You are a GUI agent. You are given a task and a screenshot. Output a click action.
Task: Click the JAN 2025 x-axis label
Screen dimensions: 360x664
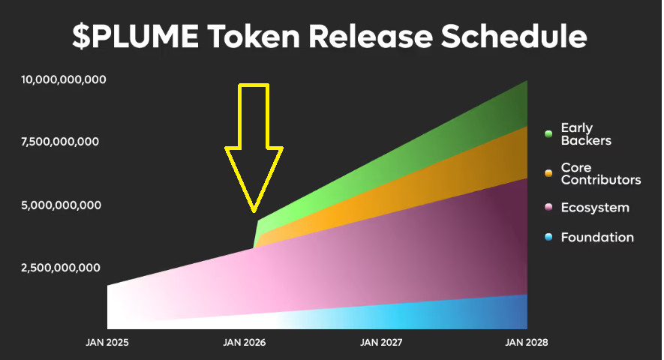click(x=107, y=343)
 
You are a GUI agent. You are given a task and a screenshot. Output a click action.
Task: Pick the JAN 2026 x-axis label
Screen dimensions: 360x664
click(x=245, y=343)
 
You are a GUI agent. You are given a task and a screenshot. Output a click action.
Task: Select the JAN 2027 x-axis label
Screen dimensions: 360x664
click(x=382, y=343)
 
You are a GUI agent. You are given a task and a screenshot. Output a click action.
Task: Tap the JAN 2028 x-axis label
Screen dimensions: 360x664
click(x=527, y=343)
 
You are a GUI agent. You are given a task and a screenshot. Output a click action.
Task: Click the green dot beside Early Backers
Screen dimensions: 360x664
click(x=548, y=134)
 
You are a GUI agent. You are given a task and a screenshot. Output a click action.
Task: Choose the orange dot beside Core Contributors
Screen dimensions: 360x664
click(x=548, y=174)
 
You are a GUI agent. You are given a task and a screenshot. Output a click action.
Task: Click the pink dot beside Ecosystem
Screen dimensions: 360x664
click(x=548, y=208)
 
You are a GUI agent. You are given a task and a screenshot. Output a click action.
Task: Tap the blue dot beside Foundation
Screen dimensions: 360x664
click(x=548, y=238)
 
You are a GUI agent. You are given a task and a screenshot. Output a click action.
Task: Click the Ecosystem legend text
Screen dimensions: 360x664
click(x=595, y=208)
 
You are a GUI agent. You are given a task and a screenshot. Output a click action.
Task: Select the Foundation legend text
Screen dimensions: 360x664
click(x=597, y=238)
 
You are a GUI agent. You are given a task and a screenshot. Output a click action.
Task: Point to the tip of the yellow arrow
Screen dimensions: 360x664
click(x=254, y=211)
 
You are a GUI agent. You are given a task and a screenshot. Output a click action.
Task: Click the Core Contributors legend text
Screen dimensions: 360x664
click(x=600, y=174)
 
